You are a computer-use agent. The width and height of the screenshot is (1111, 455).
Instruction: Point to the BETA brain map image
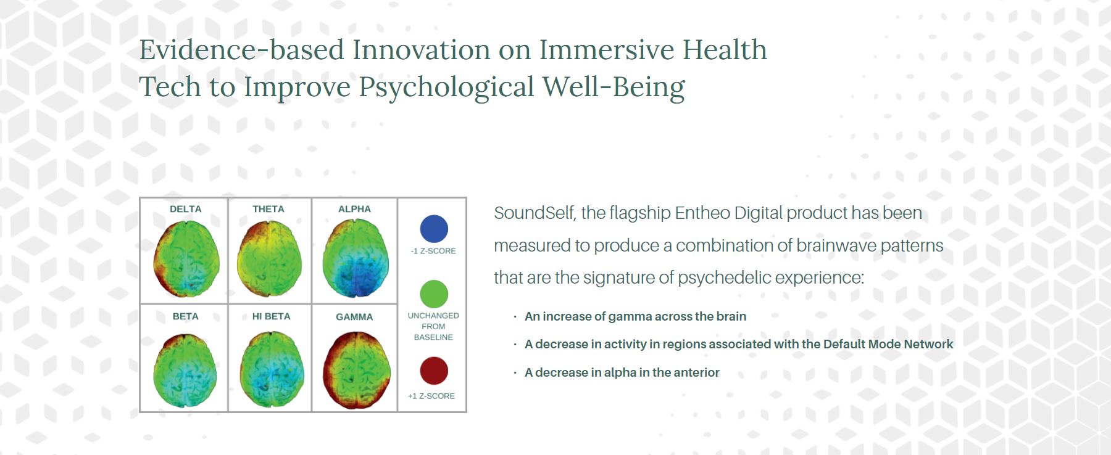pos(185,371)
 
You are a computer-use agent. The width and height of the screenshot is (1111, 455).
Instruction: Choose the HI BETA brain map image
pos(272,369)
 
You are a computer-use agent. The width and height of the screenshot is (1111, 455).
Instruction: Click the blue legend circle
pos(434,229)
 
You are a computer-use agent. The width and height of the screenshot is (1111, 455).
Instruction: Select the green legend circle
pos(434,294)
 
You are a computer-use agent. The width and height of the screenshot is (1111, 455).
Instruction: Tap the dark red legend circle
pos(434,371)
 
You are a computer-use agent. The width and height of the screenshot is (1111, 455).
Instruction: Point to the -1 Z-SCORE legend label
pos(433,251)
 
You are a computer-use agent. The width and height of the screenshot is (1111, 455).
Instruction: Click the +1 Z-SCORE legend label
pos(431,396)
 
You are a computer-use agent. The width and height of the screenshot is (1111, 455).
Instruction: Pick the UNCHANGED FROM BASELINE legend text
pos(433,326)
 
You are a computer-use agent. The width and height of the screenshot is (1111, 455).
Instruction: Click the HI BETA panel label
pos(271,316)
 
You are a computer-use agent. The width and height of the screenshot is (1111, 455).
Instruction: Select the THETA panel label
pos(268,209)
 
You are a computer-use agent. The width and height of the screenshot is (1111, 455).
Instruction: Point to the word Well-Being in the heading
pos(614,87)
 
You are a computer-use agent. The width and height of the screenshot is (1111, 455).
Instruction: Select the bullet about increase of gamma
pos(635,316)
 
